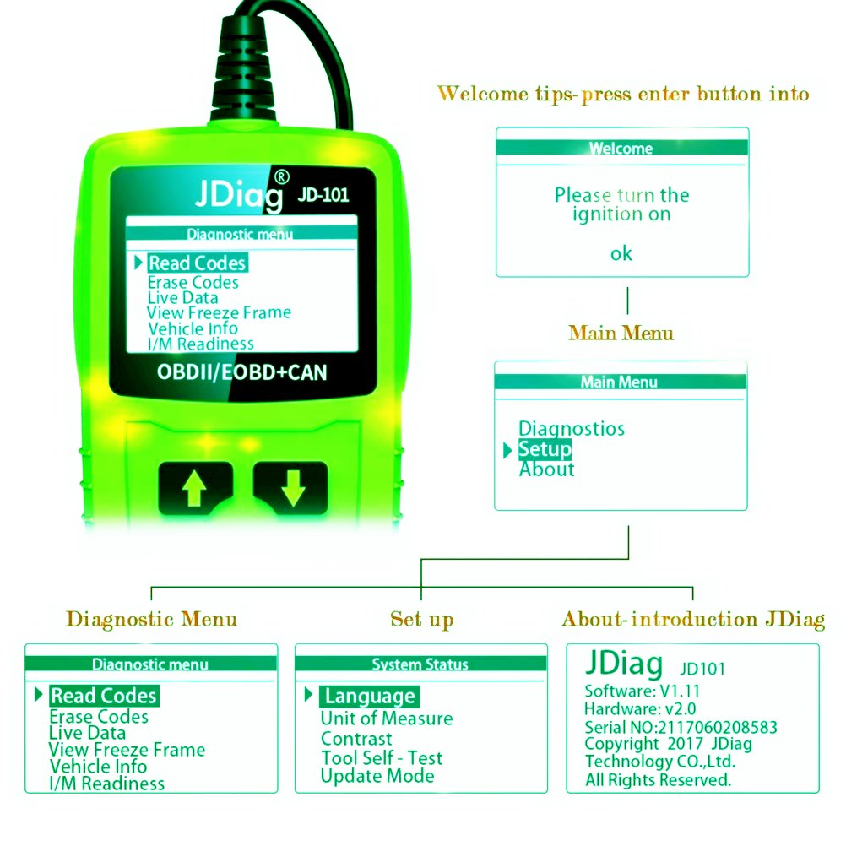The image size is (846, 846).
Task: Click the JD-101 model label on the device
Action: pos(323,195)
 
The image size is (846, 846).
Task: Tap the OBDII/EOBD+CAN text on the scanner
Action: pos(241,371)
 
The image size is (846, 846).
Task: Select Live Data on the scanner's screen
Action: pos(182,298)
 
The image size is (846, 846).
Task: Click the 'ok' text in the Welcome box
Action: pos(621,253)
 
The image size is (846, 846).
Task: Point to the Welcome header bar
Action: pos(621,148)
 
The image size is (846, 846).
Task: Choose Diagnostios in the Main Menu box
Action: pos(572,429)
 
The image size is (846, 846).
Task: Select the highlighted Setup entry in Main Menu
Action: pos(545,449)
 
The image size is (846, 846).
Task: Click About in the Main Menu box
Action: pos(546,469)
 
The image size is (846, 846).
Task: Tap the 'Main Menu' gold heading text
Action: pos(621,333)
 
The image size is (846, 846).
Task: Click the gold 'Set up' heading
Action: pos(421,620)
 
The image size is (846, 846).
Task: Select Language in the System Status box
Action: pos(370,697)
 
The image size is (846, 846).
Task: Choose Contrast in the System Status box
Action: pos(356,739)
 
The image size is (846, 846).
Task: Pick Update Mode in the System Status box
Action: pos(377,777)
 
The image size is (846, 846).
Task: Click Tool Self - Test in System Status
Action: pos(382,758)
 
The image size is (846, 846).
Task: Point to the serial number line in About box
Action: pos(681,727)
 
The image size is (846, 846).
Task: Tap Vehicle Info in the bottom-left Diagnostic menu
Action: pos(98,767)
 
